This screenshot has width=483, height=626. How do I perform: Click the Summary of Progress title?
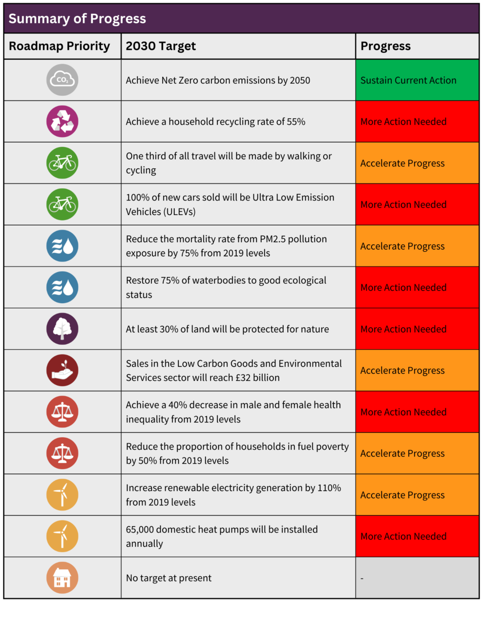77,19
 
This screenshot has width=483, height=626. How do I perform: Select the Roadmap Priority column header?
60,46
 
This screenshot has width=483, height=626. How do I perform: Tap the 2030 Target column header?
161,46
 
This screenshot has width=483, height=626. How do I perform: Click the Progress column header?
385,46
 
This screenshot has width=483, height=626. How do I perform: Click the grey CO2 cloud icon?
62,80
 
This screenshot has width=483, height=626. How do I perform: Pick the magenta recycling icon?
62,121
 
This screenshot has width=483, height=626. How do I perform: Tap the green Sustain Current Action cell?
417,80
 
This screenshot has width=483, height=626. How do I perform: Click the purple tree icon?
62,329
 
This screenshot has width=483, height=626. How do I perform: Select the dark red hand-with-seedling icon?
62,370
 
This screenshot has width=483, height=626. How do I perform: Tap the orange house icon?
62,578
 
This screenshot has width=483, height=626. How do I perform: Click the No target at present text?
168,578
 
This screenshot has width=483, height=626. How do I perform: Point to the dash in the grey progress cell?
362,579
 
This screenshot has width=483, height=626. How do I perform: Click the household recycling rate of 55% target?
215,122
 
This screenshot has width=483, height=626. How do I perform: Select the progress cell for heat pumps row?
417,537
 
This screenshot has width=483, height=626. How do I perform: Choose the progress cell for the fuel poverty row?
417,453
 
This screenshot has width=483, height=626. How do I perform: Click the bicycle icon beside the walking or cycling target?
62,163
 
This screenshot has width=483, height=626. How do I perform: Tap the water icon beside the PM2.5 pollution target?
62,246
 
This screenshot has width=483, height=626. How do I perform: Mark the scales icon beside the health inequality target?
62,412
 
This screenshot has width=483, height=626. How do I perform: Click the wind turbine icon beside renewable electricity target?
62,494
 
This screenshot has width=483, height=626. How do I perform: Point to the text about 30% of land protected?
227,329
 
